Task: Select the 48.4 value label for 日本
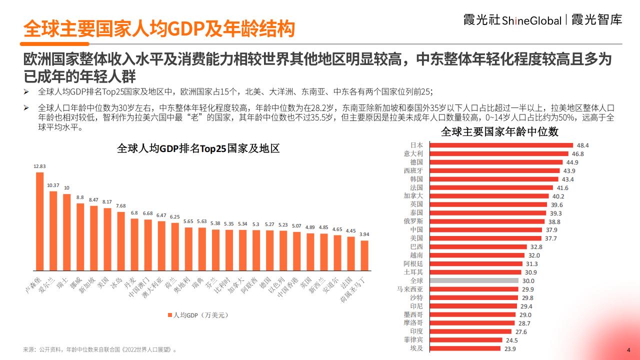click(x=583, y=145)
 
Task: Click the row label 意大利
click(x=413, y=154)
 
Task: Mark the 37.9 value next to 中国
click(x=551, y=230)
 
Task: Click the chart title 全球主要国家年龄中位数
click(x=499, y=132)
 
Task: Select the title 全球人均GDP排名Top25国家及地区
click(x=198, y=149)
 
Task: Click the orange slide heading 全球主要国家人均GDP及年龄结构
click(x=159, y=29)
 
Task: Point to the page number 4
click(x=628, y=349)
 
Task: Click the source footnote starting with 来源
click(x=100, y=349)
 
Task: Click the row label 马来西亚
click(x=409, y=289)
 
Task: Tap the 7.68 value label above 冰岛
click(x=120, y=206)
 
